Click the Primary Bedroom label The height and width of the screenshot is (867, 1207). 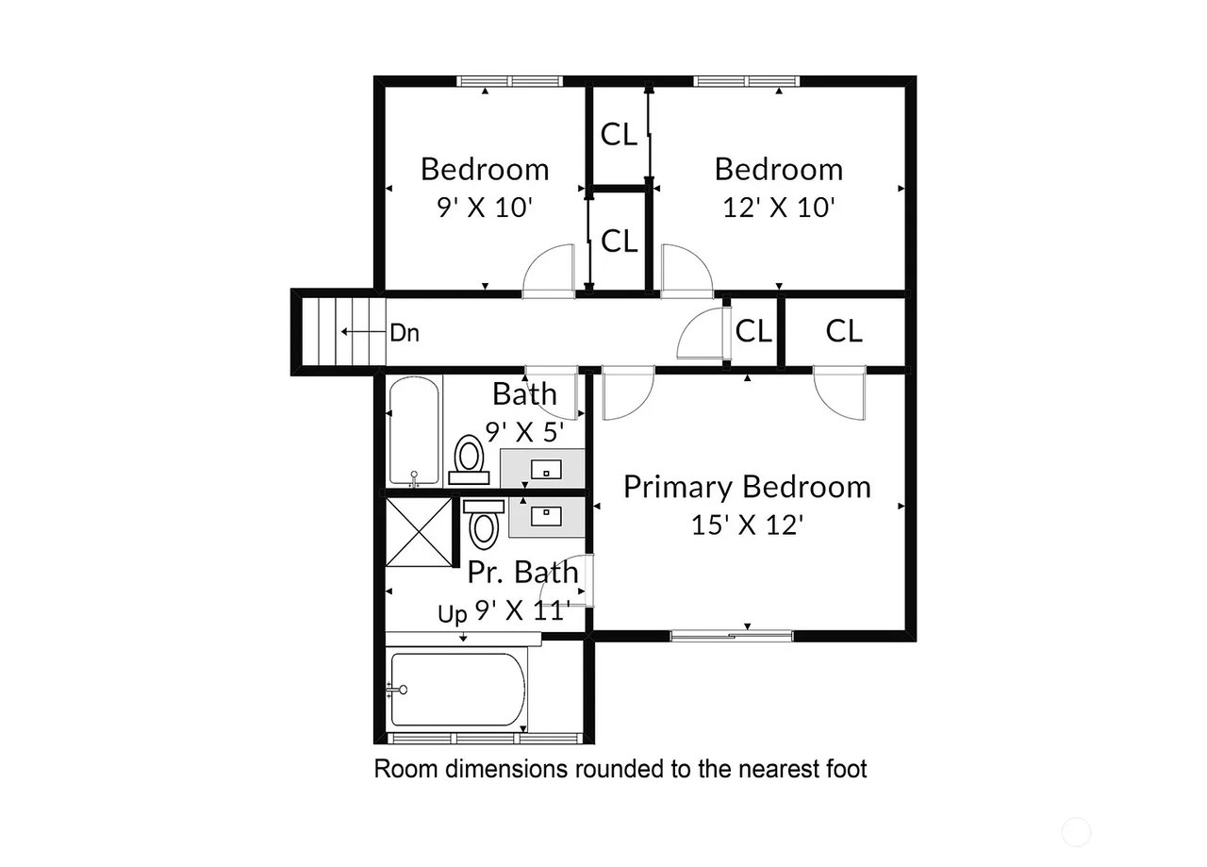tap(747, 488)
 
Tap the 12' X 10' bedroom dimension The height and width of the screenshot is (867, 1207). tap(779, 208)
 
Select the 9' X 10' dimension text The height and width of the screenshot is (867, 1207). tap(485, 208)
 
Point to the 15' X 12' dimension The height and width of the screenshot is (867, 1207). tap(748, 525)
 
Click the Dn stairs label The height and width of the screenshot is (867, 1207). tap(405, 333)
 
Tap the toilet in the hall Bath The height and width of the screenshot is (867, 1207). tap(469, 459)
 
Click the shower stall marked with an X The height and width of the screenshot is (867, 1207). tap(419, 532)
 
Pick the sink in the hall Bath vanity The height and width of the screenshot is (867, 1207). tap(546, 470)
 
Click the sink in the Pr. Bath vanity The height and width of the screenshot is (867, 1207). tap(546, 517)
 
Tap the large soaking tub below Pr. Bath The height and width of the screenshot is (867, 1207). tap(458, 690)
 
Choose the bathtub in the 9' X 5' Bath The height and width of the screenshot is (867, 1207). tap(414, 431)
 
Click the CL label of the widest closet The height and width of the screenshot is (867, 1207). tap(844, 331)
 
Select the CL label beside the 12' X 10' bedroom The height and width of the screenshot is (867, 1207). tap(620, 134)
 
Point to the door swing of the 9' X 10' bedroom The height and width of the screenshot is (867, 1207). tap(549, 271)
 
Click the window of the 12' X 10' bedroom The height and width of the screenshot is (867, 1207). tap(746, 81)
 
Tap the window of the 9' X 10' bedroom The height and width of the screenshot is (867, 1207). tap(510, 81)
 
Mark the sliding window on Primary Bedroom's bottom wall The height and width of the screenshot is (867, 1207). tap(731, 636)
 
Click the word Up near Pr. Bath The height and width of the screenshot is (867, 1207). tap(452, 614)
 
